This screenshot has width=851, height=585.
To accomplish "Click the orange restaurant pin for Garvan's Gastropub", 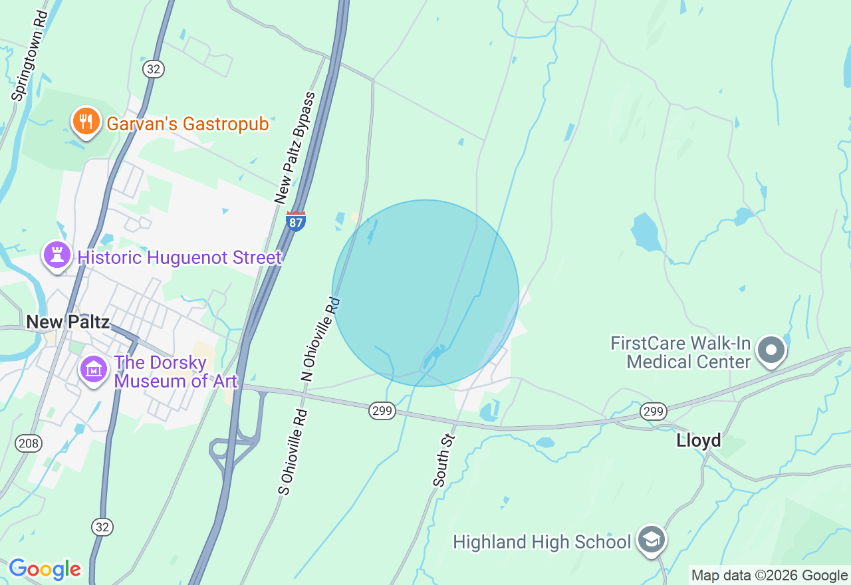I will coord(86,122).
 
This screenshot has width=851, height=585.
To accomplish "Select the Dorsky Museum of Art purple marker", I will coord(94,369).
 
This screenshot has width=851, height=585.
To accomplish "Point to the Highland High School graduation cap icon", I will coord(652,540).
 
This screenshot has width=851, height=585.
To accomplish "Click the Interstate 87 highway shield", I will coord(297,221).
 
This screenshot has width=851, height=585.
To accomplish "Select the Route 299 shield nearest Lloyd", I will coord(654,412).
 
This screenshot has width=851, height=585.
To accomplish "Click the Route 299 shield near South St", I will coord(382,411).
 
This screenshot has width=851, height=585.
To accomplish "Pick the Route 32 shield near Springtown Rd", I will coord(154,68).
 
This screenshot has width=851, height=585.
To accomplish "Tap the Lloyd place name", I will coord(698,440).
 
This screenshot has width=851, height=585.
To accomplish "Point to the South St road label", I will coord(443,460).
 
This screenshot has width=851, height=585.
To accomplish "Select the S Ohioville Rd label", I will coord(293,452).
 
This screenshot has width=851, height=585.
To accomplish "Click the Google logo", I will coord(45,569).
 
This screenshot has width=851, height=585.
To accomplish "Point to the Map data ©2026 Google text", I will coord(769,576).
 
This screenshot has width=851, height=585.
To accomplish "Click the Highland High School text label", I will coord(541,542).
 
